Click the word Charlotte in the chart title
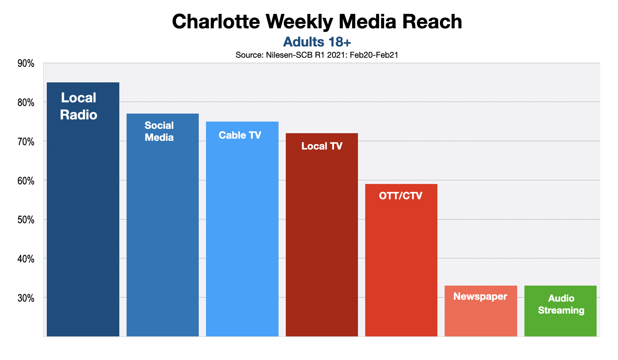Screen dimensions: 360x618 (216, 22)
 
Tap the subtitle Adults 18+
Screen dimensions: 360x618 (317, 42)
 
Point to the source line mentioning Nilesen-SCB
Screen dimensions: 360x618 (317, 55)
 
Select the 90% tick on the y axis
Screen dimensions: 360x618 (26, 64)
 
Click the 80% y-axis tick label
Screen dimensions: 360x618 (26, 103)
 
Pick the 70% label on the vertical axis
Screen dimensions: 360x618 (26, 142)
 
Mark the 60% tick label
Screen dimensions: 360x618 (26, 181)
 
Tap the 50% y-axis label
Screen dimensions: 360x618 (26, 220)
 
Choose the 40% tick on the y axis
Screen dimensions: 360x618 (26, 259)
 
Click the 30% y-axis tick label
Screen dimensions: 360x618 (26, 298)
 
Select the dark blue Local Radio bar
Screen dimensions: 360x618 (83, 218)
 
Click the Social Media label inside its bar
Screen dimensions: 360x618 (159, 131)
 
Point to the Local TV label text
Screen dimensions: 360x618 (322, 146)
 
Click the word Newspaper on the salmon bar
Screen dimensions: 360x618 (480, 296)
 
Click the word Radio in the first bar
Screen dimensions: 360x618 (79, 115)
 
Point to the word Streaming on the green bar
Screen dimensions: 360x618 (561, 311)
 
